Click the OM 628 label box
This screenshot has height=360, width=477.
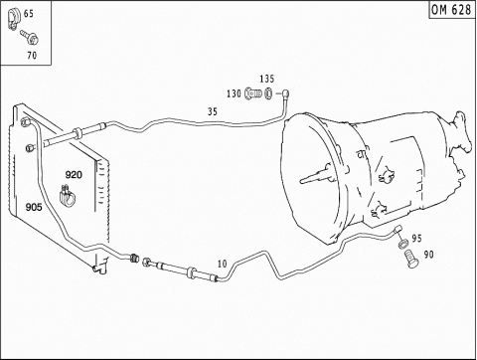(x=452, y=9)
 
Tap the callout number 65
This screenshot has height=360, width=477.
(x=29, y=14)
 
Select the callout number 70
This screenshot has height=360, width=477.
(x=32, y=55)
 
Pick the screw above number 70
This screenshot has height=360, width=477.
(x=30, y=37)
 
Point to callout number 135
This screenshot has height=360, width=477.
(x=267, y=79)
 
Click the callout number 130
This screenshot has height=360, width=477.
(x=234, y=93)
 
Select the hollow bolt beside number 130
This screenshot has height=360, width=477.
(x=253, y=93)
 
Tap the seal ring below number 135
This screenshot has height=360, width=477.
(x=268, y=93)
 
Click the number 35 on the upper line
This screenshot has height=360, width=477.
(x=213, y=111)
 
